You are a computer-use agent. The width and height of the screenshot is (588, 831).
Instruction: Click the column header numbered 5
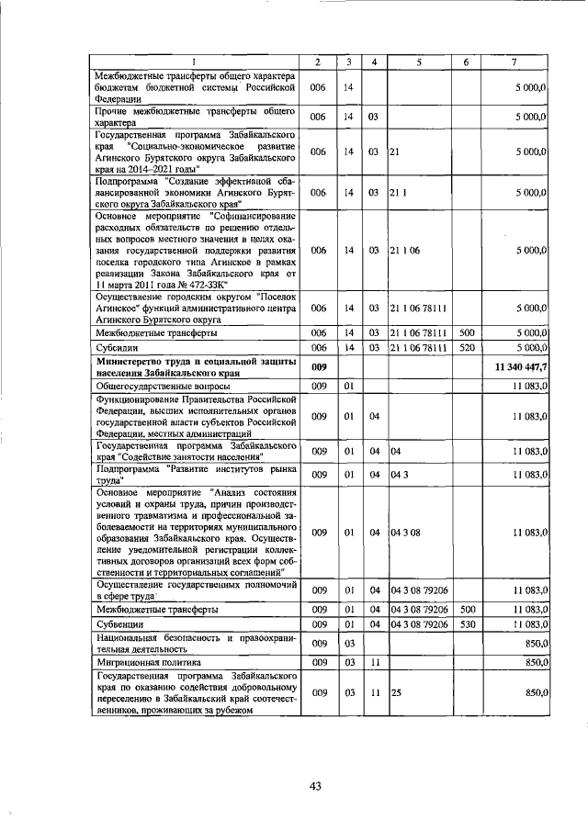418,62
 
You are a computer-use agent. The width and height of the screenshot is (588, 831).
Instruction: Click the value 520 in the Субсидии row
466,348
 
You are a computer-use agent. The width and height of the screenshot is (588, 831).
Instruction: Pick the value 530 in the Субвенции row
466,624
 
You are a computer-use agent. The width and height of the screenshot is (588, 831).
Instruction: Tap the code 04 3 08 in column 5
405,532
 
